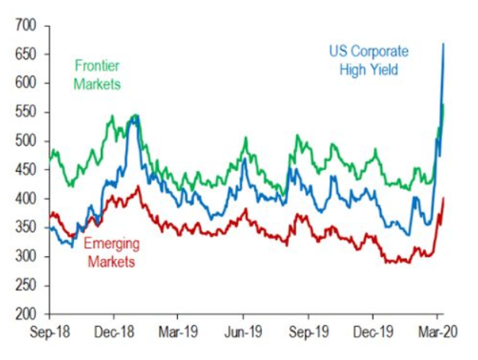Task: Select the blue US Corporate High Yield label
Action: (x=370, y=60)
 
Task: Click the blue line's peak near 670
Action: (x=444, y=44)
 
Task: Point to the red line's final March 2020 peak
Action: (x=444, y=199)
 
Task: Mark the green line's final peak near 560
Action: (x=443, y=105)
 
